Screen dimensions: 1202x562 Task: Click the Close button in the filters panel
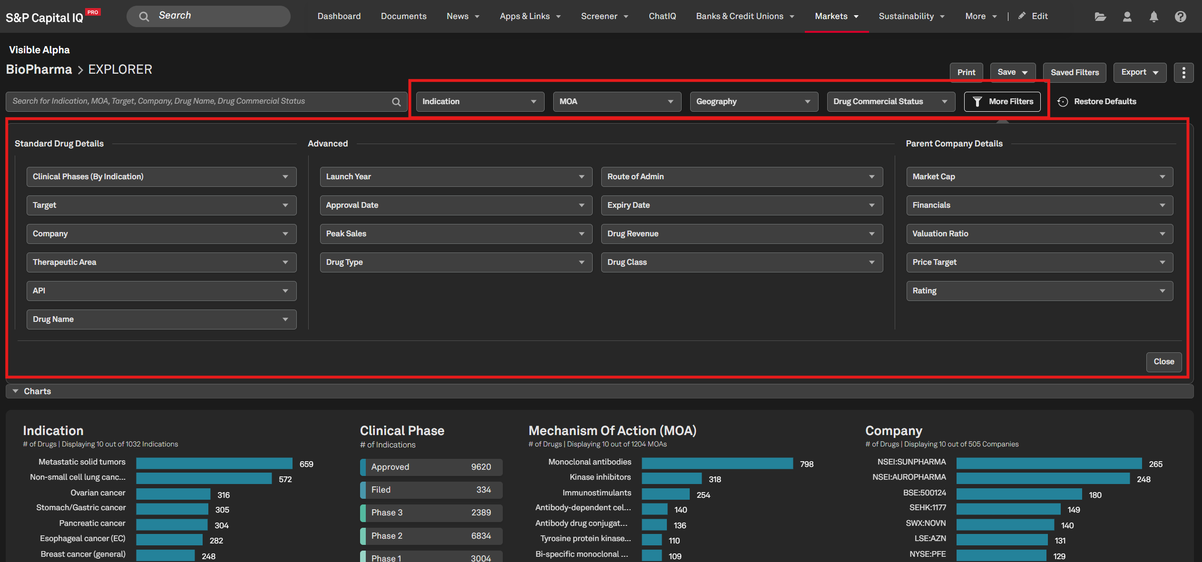point(1163,361)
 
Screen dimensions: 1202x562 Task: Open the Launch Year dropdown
point(456,176)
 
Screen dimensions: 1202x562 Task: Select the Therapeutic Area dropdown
point(161,262)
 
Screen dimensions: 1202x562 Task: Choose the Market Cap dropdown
point(1039,176)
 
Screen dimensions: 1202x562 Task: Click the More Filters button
point(1002,101)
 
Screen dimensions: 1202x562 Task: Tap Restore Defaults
point(1097,101)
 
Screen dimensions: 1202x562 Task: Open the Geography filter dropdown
point(754,101)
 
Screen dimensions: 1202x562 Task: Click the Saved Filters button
point(1075,72)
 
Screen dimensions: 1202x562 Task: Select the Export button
point(1140,72)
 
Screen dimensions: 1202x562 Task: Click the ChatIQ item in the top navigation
point(662,16)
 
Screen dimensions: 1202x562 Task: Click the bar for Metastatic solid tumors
point(214,463)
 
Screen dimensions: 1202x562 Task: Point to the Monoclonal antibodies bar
point(717,463)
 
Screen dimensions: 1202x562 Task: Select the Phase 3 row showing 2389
point(431,513)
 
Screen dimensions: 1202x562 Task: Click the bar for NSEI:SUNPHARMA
point(1049,463)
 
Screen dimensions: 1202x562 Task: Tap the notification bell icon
point(1153,17)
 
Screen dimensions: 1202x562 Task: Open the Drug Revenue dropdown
point(742,233)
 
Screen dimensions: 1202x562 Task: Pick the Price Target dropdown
point(1039,262)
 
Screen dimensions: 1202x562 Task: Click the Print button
point(966,72)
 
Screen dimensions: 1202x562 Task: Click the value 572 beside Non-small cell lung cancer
point(285,479)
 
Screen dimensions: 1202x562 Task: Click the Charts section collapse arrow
point(15,391)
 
